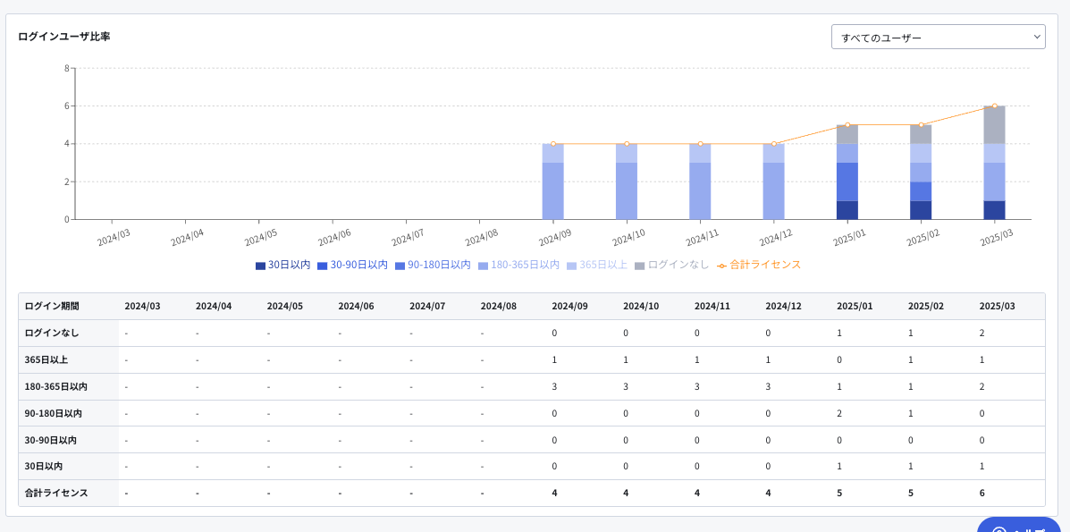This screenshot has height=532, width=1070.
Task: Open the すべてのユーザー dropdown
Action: point(938,37)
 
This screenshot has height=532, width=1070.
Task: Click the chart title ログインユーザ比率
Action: point(64,37)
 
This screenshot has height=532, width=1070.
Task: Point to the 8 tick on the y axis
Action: point(66,68)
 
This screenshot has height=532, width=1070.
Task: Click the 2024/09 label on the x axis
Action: point(555,237)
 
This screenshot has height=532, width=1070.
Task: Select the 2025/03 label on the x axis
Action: point(997,237)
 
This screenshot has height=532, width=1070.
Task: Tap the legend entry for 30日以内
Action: point(283,265)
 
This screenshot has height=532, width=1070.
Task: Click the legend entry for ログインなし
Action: point(672,265)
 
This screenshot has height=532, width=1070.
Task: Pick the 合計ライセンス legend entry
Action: point(759,265)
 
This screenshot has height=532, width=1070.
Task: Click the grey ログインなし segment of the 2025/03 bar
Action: point(994,125)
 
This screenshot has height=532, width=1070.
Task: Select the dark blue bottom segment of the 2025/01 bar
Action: point(847,210)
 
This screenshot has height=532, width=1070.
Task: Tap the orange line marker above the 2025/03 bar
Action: point(994,106)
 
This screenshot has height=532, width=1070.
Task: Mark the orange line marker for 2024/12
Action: point(774,143)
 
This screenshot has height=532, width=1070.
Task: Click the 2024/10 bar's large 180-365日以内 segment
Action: point(627,191)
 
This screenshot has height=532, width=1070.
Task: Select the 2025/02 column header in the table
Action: point(925,306)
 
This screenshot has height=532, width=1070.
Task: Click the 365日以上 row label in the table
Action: point(46,359)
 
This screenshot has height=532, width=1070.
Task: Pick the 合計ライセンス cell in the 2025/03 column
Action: point(982,493)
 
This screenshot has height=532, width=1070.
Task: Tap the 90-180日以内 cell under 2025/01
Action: point(840,412)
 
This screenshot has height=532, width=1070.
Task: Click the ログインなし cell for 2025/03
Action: point(982,333)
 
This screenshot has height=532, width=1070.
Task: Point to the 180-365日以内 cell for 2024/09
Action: point(555,386)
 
